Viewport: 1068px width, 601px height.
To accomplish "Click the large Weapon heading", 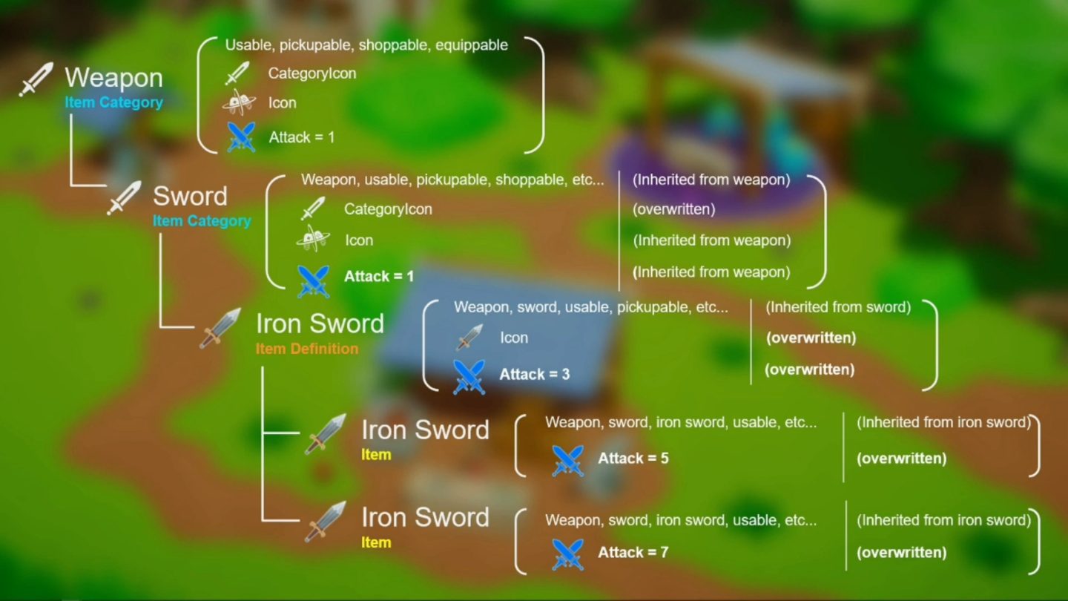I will click(x=113, y=78).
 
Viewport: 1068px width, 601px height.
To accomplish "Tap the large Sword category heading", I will click(x=190, y=197).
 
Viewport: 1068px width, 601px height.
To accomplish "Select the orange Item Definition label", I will click(x=306, y=349).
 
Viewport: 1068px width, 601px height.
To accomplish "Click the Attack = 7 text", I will click(x=633, y=553).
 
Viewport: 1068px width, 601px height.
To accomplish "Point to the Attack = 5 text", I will click(x=633, y=459).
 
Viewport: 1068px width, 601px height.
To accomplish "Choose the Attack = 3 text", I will click(x=534, y=375).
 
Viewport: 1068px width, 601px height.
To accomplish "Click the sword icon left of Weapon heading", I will click(x=36, y=79).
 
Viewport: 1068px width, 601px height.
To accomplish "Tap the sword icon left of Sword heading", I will click(x=124, y=198).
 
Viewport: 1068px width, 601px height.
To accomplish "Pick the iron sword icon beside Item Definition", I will click(x=220, y=328).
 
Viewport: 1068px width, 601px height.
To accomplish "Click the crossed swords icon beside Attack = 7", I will click(x=567, y=554).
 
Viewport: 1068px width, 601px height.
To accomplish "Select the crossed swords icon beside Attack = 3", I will click(x=469, y=376).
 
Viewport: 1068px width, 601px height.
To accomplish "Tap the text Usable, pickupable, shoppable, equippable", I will click(x=366, y=45).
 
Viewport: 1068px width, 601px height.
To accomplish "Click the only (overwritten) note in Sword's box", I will click(x=673, y=209).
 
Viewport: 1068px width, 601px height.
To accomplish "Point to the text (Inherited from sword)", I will click(x=837, y=307).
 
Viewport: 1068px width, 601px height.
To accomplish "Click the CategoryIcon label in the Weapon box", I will click(x=311, y=73).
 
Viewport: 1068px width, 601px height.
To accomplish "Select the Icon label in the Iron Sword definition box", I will click(x=513, y=338).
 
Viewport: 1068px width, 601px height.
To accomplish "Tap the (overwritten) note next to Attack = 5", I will click(x=901, y=459).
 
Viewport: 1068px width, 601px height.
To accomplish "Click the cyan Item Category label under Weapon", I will click(x=113, y=102).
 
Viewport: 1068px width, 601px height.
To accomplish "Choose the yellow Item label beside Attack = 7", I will click(x=376, y=542).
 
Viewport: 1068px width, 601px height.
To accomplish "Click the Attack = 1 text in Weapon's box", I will click(x=301, y=137).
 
